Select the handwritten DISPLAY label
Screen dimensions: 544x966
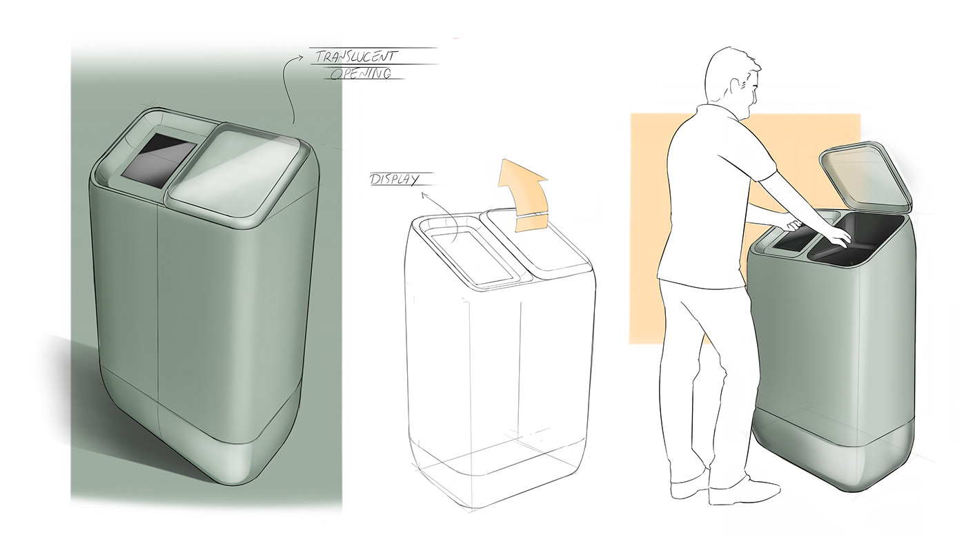pos(394,179)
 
